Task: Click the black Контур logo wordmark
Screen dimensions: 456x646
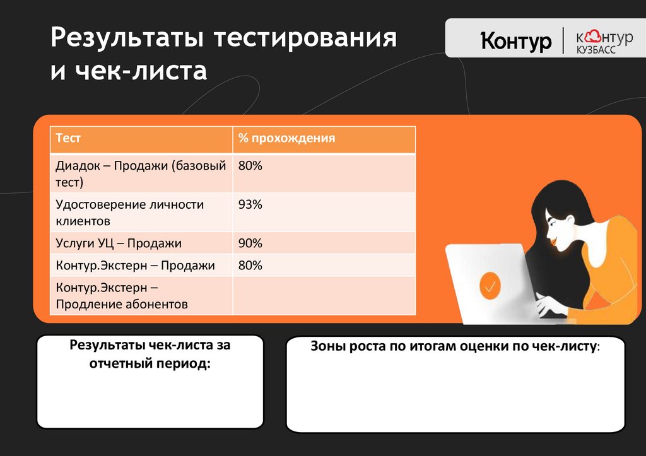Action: (x=516, y=41)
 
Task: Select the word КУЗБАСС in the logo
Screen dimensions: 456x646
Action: (x=596, y=50)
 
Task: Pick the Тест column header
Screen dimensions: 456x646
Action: (x=69, y=138)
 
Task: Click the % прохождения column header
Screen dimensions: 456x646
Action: (x=286, y=138)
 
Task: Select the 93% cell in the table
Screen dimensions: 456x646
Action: (x=250, y=205)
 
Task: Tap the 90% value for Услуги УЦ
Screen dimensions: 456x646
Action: (x=250, y=243)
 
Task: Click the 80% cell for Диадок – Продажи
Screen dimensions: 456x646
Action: (x=250, y=167)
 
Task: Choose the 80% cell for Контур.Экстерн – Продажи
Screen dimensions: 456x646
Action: (x=250, y=266)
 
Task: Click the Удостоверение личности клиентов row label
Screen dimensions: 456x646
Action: (x=129, y=213)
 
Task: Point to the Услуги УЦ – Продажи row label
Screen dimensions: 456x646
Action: (x=119, y=243)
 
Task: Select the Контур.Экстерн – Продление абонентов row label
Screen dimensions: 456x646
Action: (x=122, y=296)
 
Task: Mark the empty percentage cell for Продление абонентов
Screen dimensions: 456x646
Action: (x=324, y=296)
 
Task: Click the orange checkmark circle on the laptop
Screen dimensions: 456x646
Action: (x=490, y=286)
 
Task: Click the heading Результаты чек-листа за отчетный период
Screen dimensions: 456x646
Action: (x=150, y=354)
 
